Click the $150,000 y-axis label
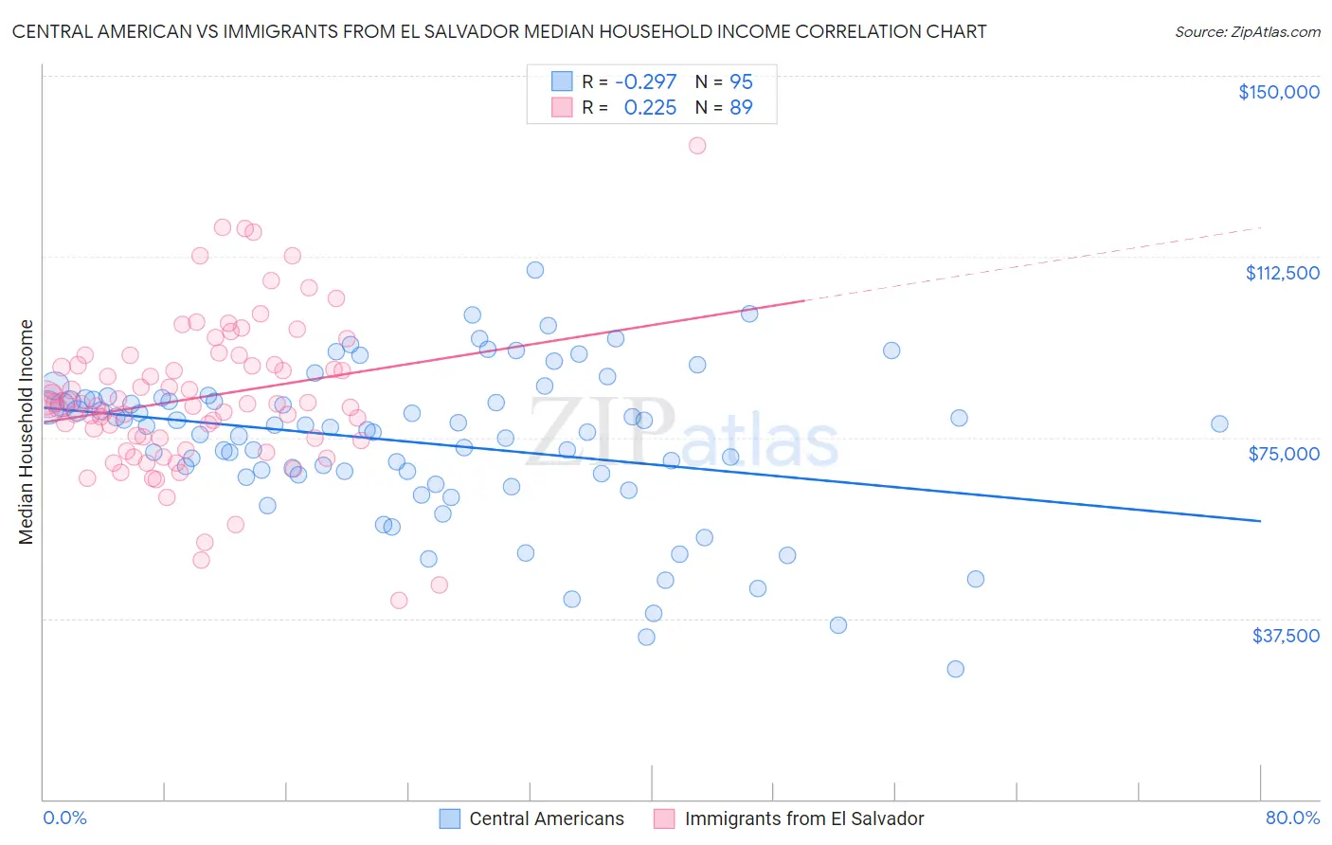point(1278,92)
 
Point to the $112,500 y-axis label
point(1282,273)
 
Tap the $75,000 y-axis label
point(1284,454)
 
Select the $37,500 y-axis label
point(1286,636)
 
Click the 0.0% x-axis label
point(64,818)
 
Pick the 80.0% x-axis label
point(1292,818)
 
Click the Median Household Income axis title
point(26,432)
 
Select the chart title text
point(499,31)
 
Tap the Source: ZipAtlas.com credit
point(1247,31)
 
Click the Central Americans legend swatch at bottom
point(450,818)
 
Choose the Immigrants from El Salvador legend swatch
point(665,818)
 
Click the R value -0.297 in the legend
point(645,81)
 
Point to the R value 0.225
point(650,108)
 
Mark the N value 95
point(741,81)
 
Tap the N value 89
point(741,108)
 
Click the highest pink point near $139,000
point(697,145)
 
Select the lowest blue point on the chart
point(955,669)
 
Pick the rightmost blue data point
point(1219,423)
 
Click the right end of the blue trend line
point(1260,521)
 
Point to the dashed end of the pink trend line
point(1260,227)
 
